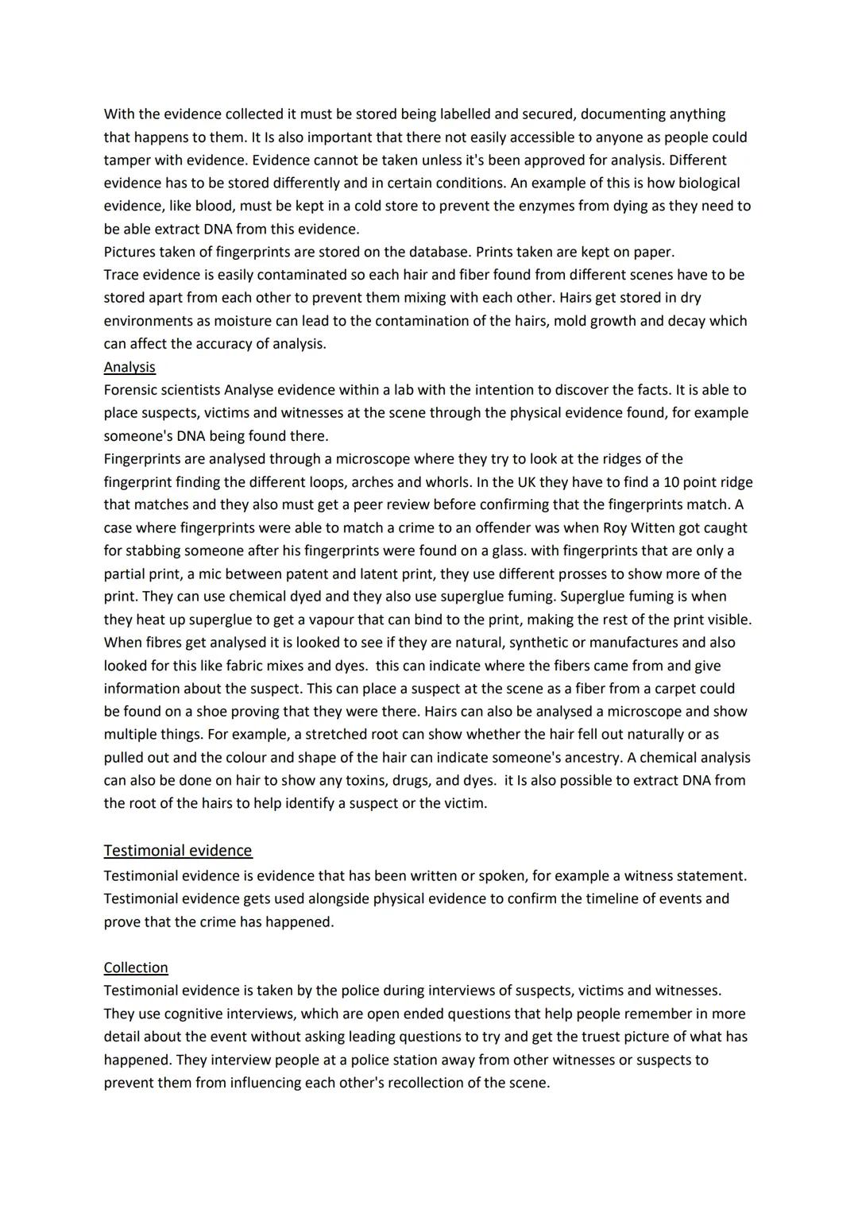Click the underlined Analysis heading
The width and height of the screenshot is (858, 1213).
tap(129, 367)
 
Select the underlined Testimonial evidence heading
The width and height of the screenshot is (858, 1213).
tap(177, 851)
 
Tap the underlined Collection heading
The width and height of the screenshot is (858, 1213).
tap(136, 968)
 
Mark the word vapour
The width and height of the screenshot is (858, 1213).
tap(361, 619)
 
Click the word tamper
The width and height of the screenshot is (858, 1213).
tap(129, 160)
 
